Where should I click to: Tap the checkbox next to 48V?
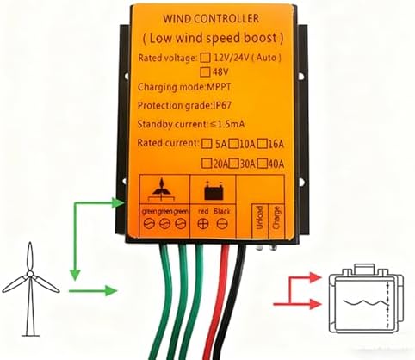(205, 72)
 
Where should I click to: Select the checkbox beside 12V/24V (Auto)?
(204, 57)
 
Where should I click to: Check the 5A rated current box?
(206, 143)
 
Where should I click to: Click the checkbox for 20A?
(206, 161)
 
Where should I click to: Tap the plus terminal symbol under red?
(203, 223)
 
